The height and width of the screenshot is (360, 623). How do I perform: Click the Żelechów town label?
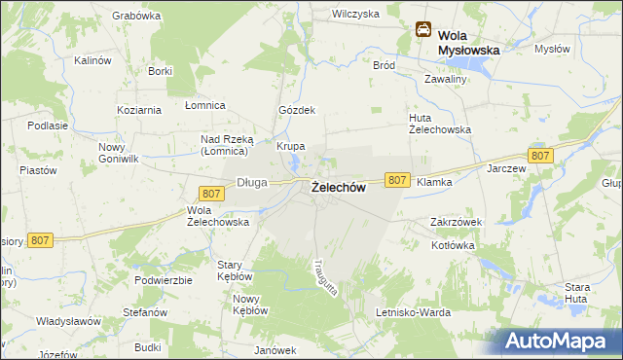[x=338, y=189]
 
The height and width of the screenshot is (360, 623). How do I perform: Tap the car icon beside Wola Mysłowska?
[x=424, y=30]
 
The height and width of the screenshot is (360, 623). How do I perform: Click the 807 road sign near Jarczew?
[x=541, y=156]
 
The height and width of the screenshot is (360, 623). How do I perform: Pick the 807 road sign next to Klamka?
[x=396, y=180]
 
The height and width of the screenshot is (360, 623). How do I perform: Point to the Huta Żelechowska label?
[x=439, y=124]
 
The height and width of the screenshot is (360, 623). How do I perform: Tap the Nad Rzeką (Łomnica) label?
[x=226, y=145]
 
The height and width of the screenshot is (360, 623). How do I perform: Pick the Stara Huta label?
[x=577, y=293]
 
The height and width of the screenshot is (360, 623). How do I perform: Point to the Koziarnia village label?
[x=137, y=108]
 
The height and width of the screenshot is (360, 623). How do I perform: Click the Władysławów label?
[x=69, y=321]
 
